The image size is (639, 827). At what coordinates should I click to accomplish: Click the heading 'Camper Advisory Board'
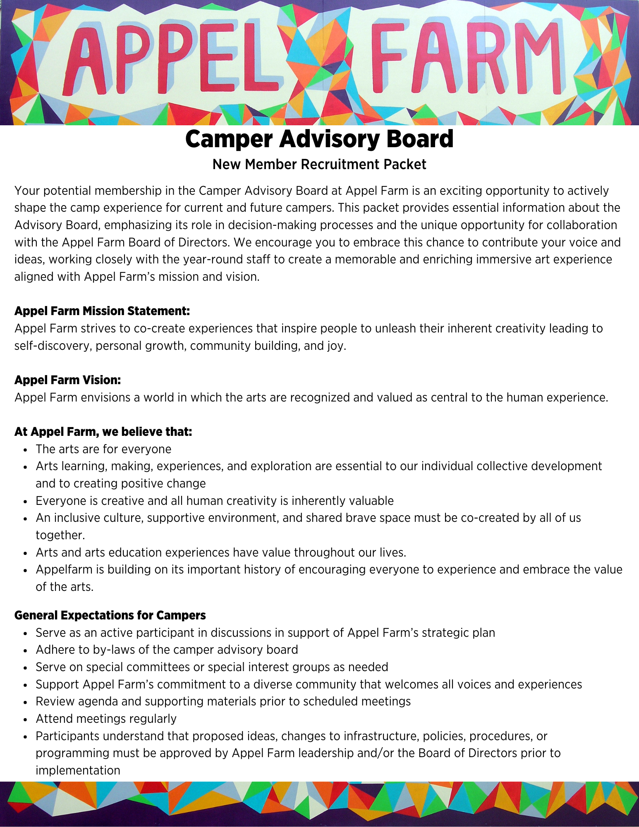319,139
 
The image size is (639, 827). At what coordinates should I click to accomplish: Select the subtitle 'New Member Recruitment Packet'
319,165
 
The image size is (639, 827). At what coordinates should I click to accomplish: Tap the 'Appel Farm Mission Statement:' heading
102,311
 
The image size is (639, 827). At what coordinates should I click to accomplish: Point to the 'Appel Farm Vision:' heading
67,380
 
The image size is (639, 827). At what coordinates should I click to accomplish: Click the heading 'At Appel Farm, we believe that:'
103,432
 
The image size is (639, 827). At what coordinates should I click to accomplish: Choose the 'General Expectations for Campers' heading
110,615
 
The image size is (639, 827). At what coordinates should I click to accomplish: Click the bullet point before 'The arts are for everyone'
26,450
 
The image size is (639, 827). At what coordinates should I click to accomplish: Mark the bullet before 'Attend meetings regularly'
26,719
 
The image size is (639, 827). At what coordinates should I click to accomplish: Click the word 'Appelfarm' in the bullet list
64,570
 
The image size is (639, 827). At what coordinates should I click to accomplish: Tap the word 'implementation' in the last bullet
78,771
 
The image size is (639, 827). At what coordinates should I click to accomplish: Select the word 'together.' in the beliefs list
60,535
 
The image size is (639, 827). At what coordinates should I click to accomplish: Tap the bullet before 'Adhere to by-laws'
26,650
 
